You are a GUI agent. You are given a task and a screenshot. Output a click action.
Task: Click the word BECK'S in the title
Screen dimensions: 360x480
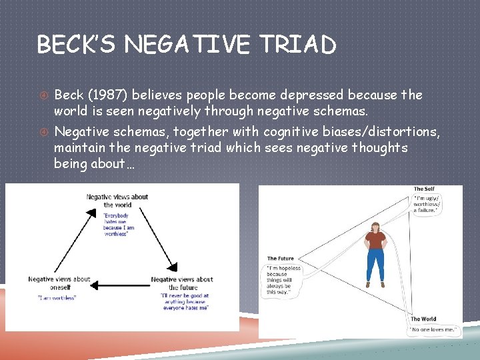pyautogui.click(x=74, y=45)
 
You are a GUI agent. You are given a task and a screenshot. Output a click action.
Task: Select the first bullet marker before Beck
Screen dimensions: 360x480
pyautogui.click(x=41, y=95)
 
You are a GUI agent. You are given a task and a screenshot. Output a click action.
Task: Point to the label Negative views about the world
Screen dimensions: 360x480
pyautogui.click(x=117, y=200)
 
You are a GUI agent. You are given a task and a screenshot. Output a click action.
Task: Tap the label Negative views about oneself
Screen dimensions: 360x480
pyautogui.click(x=59, y=283)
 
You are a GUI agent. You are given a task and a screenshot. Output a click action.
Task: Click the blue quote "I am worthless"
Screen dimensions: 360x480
pyautogui.click(x=57, y=297)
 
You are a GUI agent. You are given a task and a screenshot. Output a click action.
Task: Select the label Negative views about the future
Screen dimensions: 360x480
pyautogui.click(x=182, y=283)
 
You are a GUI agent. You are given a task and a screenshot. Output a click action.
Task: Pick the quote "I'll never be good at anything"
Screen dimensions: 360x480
pyautogui.click(x=185, y=301)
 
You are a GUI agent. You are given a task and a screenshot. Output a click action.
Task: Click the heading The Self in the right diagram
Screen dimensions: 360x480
pyautogui.click(x=424, y=189)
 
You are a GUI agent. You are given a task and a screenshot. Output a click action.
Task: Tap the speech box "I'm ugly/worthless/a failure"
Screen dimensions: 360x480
pyautogui.click(x=427, y=203)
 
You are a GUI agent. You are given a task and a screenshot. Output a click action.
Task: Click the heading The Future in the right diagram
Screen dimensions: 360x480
pyautogui.click(x=281, y=259)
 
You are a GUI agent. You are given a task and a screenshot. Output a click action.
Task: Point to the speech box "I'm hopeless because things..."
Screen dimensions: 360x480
pyautogui.click(x=284, y=279)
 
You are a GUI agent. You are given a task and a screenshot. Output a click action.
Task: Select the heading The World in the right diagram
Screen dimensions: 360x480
pyautogui.click(x=424, y=319)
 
